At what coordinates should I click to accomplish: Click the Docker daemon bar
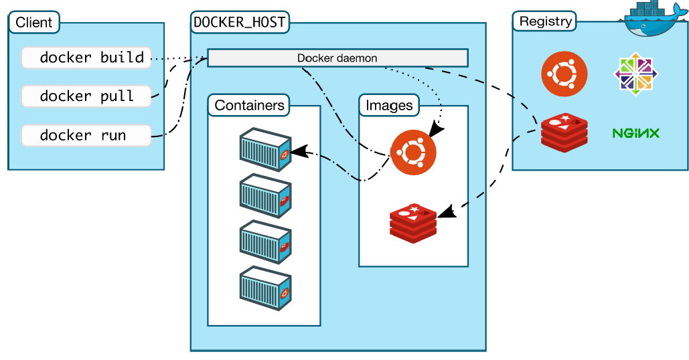pos(337,58)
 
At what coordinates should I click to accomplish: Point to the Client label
pos(34,23)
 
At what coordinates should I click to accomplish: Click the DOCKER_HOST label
pos(239,22)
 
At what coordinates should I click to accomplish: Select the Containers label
pos(249,105)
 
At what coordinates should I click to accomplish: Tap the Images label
pos(389,105)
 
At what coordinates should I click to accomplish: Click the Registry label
pos(546,21)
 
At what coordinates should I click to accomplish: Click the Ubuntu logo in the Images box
pos(413,153)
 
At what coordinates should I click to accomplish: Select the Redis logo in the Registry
pos(564,132)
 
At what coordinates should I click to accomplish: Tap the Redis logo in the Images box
pos(413,221)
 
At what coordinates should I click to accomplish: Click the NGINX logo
pos(635,132)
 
